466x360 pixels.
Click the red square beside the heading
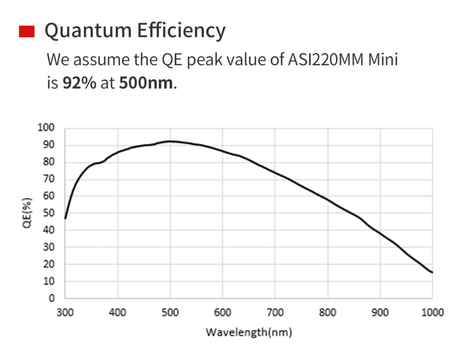tap(27, 31)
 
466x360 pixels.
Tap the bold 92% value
tap(79, 83)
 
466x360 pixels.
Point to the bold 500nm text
tap(146, 83)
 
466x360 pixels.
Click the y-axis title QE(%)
tap(28, 213)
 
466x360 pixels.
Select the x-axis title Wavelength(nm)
tap(248, 332)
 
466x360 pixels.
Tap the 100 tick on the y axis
tap(47, 128)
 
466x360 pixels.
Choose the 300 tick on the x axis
tap(66, 312)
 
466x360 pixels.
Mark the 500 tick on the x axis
tap(170, 312)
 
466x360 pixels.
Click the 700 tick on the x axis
tap(275, 312)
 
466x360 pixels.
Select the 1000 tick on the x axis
tap(432, 312)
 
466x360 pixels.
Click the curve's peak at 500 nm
tap(170, 141)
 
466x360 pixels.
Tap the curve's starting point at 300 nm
tap(66, 218)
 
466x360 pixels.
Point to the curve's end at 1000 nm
tap(432, 273)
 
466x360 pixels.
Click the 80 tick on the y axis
tap(49, 162)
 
